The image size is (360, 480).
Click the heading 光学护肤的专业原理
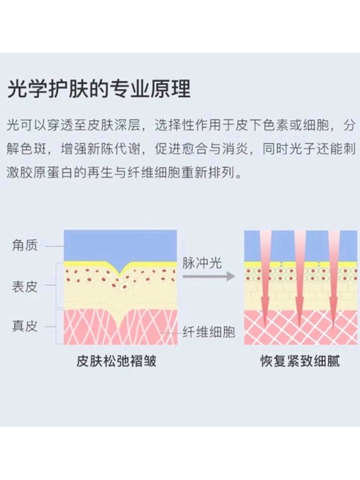click(x=99, y=89)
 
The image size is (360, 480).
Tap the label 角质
click(x=25, y=246)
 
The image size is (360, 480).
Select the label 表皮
click(x=25, y=287)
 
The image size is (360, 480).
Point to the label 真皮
click(x=25, y=326)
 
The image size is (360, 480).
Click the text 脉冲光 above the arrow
click(x=202, y=263)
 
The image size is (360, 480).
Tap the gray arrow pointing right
click(x=209, y=277)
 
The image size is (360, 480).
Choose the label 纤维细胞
click(x=209, y=332)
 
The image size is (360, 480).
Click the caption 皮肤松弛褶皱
click(x=116, y=361)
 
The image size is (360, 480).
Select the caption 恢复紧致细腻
click(x=300, y=361)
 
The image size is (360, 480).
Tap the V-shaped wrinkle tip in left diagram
click(x=120, y=275)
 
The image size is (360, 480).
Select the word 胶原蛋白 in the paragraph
click(x=47, y=173)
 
